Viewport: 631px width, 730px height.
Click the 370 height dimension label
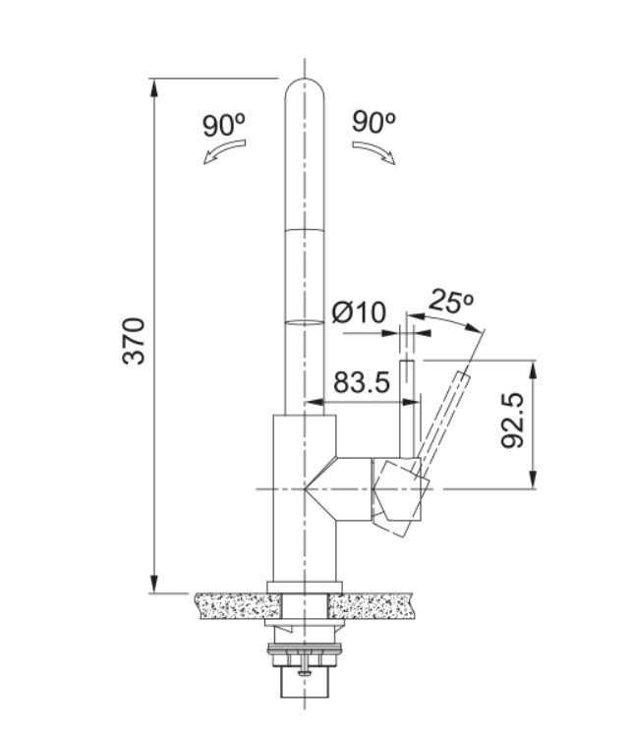[x=134, y=340]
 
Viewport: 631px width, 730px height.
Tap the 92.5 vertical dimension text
[x=512, y=422]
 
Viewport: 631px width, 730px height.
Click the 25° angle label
[x=451, y=302]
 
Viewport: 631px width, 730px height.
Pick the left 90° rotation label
[x=224, y=125]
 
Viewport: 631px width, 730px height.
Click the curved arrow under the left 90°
[x=225, y=153]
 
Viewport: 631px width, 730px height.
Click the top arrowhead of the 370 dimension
[x=155, y=86]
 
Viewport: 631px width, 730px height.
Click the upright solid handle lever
[x=405, y=408]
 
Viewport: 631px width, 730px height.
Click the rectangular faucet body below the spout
[x=304, y=501]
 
